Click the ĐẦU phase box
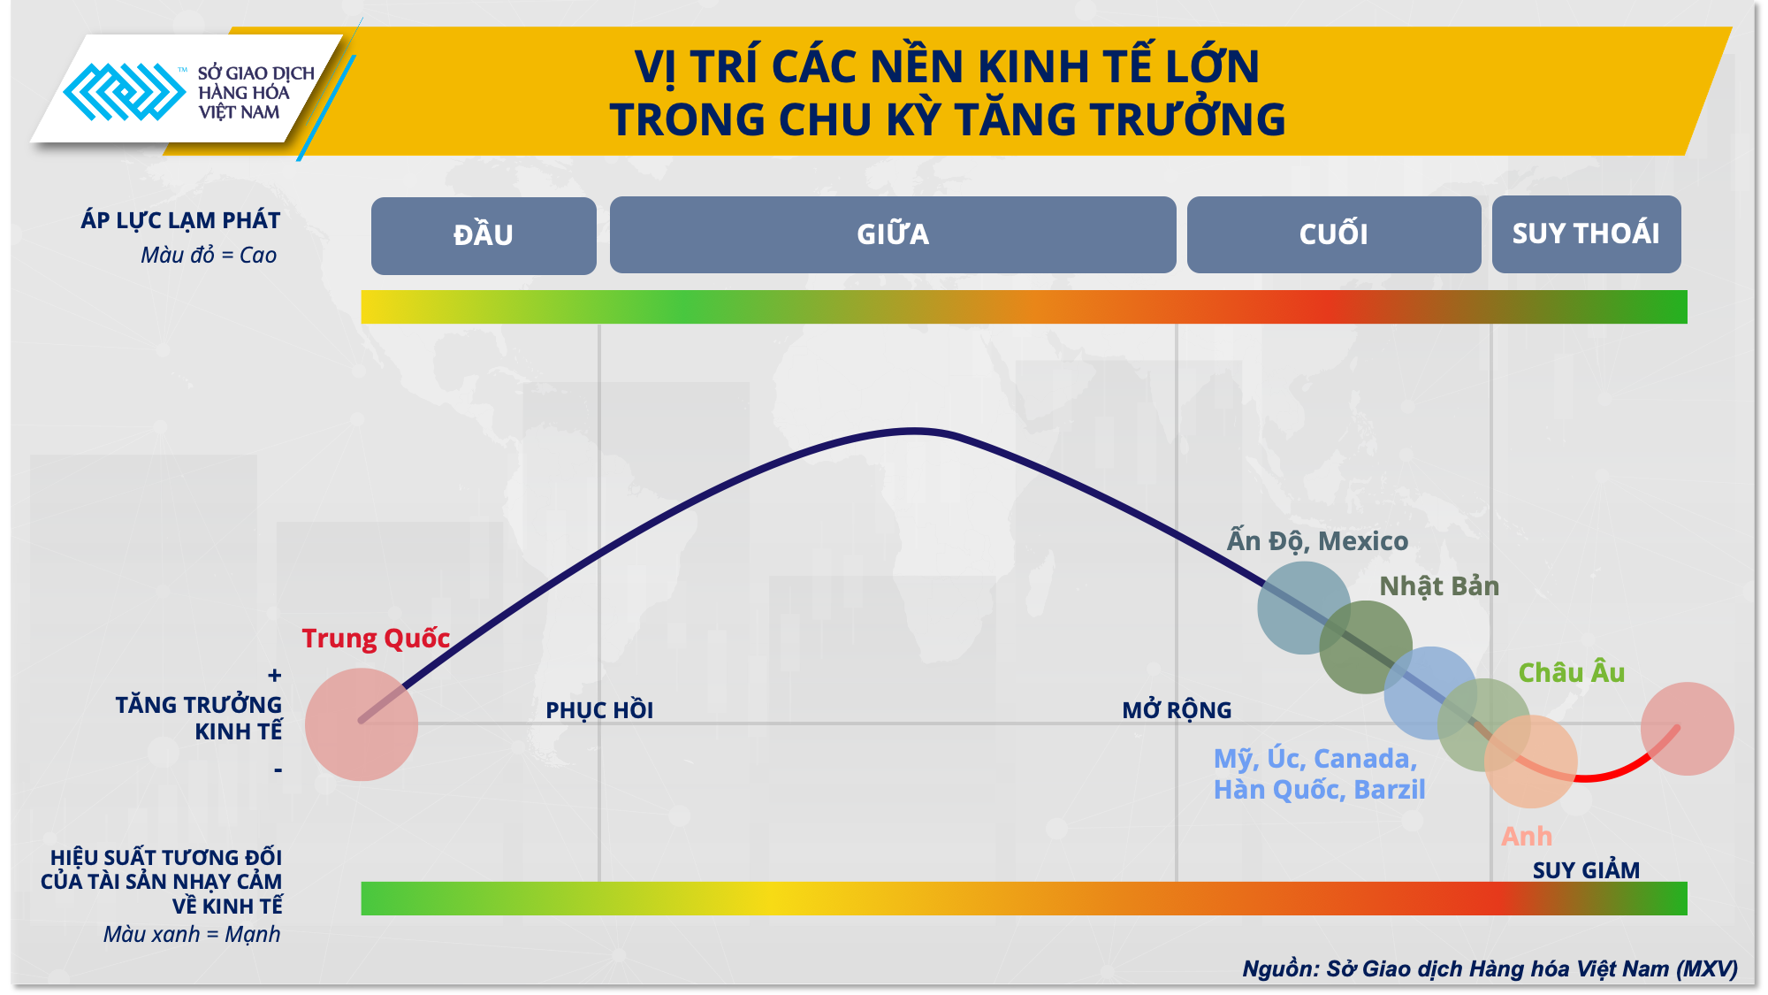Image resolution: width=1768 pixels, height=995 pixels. [484, 235]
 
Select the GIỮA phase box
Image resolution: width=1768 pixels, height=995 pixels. [893, 234]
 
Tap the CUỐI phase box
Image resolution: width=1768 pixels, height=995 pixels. [1333, 234]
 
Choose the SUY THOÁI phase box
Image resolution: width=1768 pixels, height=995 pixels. [1586, 233]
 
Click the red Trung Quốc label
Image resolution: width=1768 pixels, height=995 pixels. [376, 639]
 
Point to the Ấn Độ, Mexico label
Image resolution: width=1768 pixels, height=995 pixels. [1317, 541]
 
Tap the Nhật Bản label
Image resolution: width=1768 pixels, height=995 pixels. [1439, 586]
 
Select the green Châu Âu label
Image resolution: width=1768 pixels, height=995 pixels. [1572, 673]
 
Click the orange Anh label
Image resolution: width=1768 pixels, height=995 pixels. [1527, 837]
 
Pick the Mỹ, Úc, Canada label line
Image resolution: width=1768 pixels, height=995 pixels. [1315, 759]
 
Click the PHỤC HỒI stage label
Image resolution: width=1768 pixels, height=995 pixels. [599, 710]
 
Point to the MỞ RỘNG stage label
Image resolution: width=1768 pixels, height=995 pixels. [1177, 710]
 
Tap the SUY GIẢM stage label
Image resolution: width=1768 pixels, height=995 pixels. [1586, 870]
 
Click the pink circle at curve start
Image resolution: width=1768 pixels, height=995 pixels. [362, 724]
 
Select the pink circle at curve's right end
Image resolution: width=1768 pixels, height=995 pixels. [1687, 729]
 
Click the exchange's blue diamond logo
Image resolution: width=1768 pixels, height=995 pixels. [124, 92]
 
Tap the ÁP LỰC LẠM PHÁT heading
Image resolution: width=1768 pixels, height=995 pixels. [180, 220]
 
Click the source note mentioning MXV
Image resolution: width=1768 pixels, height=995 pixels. [1490, 969]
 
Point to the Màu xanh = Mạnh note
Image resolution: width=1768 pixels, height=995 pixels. [192, 935]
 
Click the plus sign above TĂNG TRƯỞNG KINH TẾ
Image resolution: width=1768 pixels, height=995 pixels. [275, 677]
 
